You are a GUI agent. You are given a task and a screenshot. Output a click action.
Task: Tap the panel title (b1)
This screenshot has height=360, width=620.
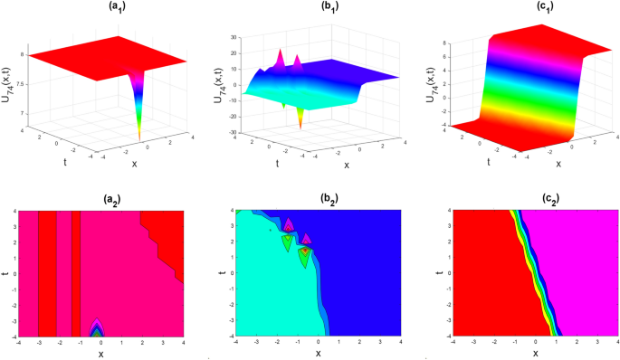pyautogui.click(x=314, y=8)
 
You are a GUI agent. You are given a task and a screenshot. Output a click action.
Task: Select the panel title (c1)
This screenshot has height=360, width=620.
pyautogui.click(x=520, y=8)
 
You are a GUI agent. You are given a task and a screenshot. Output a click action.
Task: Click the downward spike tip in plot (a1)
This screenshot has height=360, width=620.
pyautogui.click(x=139, y=137)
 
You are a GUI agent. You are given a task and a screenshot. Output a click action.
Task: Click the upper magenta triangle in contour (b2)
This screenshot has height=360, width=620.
pyautogui.click(x=288, y=224)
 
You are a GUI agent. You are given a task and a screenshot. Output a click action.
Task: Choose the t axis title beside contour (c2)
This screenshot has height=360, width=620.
pyautogui.click(x=440, y=275)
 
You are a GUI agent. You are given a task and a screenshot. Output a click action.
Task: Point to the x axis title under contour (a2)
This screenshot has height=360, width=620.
pyautogui.click(x=101, y=353)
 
